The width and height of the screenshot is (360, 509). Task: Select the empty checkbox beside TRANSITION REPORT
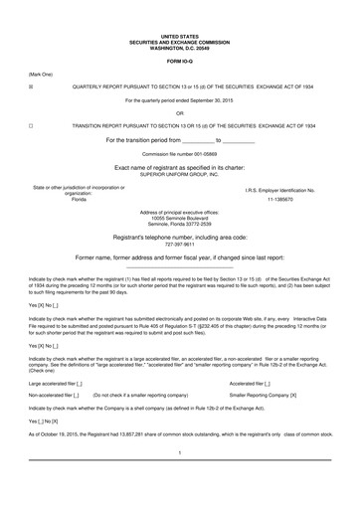tap(32, 126)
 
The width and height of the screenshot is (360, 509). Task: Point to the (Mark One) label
tap(42, 74)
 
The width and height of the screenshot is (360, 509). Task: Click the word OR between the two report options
tap(179, 112)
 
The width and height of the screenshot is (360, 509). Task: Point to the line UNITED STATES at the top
tap(179, 34)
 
